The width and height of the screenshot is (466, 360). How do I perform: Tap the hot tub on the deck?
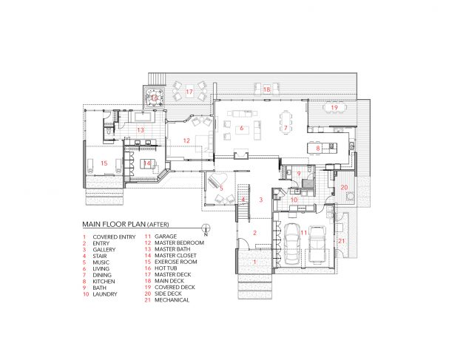tap(154, 97)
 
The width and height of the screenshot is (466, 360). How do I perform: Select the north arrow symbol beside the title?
tap(206, 229)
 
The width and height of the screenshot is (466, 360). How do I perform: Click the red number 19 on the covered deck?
tap(334, 107)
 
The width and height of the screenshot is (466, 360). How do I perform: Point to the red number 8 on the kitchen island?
tap(318, 149)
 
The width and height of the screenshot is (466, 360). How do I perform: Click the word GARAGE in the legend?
tap(166, 237)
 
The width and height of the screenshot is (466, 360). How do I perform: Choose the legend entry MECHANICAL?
tap(172, 300)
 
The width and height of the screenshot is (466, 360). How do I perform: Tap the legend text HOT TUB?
tap(166, 268)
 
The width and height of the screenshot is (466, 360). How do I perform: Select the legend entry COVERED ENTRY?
tap(114, 237)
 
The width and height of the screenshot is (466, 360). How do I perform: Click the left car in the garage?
tap(292, 243)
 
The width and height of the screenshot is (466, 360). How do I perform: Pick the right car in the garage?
tap(317, 244)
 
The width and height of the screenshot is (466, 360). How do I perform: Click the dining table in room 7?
tap(286, 123)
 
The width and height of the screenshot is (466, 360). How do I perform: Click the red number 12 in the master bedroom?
tap(186, 140)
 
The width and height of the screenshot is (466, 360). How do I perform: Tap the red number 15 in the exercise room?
tap(104, 163)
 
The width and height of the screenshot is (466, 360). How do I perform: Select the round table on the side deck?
tap(351, 197)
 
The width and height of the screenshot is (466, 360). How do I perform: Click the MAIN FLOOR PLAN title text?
tap(114, 224)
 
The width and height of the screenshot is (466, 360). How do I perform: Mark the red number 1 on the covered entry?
tap(254, 262)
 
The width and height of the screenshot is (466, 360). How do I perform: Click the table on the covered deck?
tap(334, 107)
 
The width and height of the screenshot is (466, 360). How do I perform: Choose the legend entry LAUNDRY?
tap(105, 294)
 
